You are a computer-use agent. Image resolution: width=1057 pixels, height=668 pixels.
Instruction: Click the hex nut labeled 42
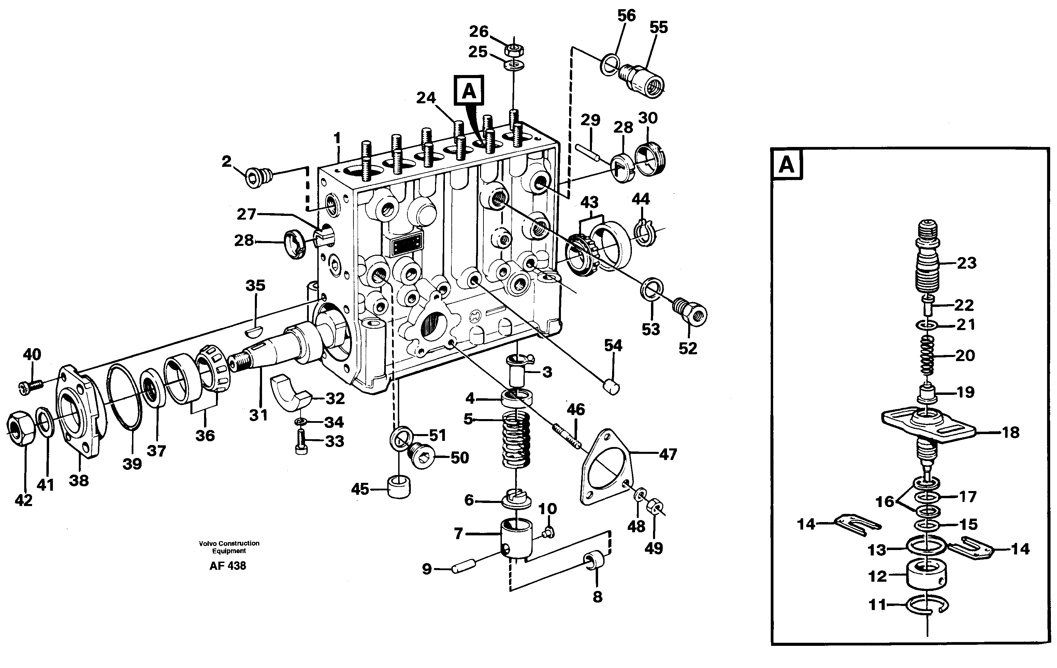tap(20, 428)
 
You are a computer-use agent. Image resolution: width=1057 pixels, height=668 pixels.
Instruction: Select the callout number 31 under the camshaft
tap(258, 415)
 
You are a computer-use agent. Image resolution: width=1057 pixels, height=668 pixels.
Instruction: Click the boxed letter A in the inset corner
tap(786, 165)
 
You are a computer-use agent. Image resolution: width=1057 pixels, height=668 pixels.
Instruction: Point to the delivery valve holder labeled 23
tap(927, 263)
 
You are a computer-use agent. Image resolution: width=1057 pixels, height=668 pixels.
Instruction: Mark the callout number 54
tap(613, 346)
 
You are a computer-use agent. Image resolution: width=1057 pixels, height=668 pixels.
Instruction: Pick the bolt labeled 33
tap(302, 442)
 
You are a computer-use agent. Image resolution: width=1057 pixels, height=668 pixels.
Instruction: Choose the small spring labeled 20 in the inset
tap(927, 355)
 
